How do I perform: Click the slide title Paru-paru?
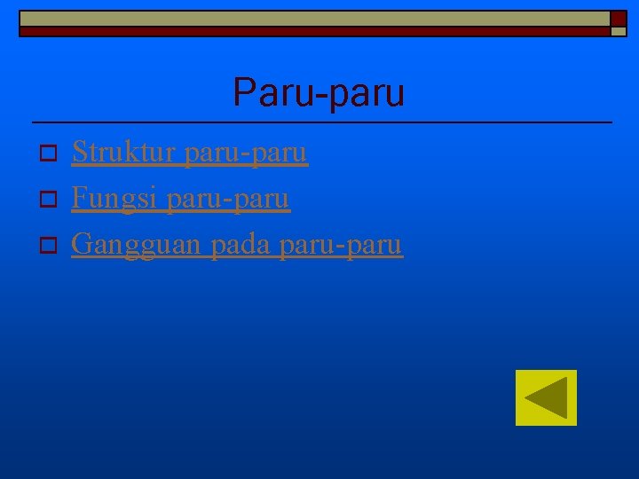point(319,92)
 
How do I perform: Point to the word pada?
point(240,243)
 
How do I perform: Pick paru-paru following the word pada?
point(340,245)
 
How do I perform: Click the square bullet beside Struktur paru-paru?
point(50,155)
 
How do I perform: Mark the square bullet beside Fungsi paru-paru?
point(50,200)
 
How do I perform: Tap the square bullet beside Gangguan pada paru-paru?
point(50,244)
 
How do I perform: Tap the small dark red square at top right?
point(618,19)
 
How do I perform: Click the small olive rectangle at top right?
point(618,31)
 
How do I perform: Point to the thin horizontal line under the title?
point(321,122)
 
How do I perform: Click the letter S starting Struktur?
point(78,153)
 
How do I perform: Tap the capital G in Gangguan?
point(81,243)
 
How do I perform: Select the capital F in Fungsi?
point(78,198)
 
